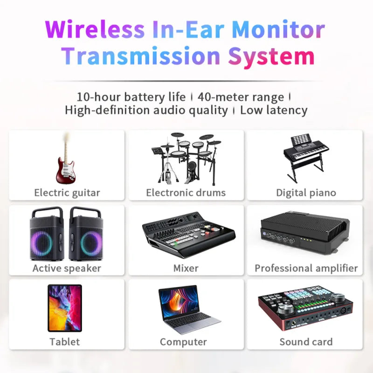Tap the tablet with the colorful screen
tap(64, 308)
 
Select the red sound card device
tap(305, 308)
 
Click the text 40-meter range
tap(241, 97)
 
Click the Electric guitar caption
tap(67, 193)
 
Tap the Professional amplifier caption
tap(306, 268)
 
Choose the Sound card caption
tap(306, 342)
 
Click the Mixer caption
tap(186, 268)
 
